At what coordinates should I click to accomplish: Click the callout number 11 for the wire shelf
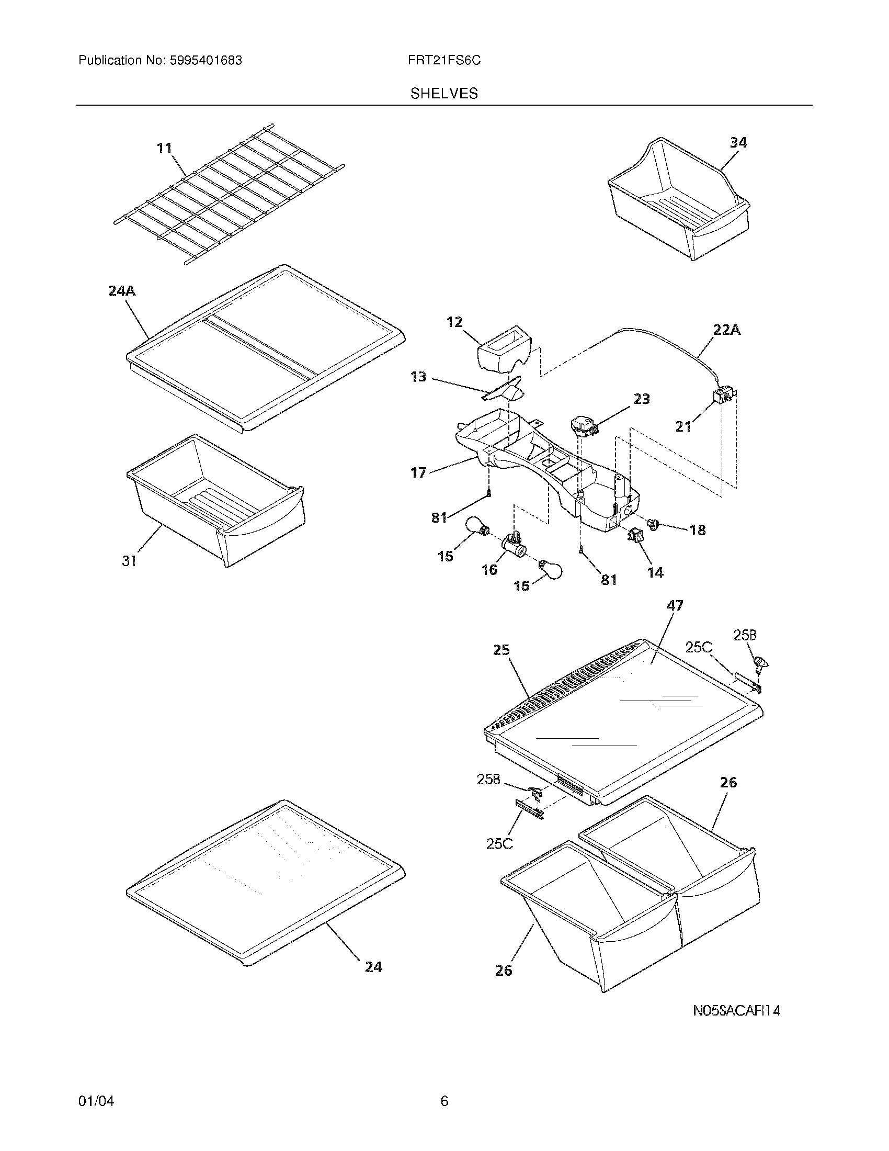tap(165, 148)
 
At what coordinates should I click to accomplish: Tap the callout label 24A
tap(122, 290)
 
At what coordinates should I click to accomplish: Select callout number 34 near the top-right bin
tap(738, 142)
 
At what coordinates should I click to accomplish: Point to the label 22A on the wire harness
tap(727, 330)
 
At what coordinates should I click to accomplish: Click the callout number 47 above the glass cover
tap(675, 605)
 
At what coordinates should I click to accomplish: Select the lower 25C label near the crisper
tap(499, 844)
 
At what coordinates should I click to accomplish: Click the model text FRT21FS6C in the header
tap(443, 61)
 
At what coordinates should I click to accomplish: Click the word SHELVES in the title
tap(444, 94)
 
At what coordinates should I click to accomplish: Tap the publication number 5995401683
tap(206, 61)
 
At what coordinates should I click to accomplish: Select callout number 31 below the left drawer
tap(130, 561)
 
